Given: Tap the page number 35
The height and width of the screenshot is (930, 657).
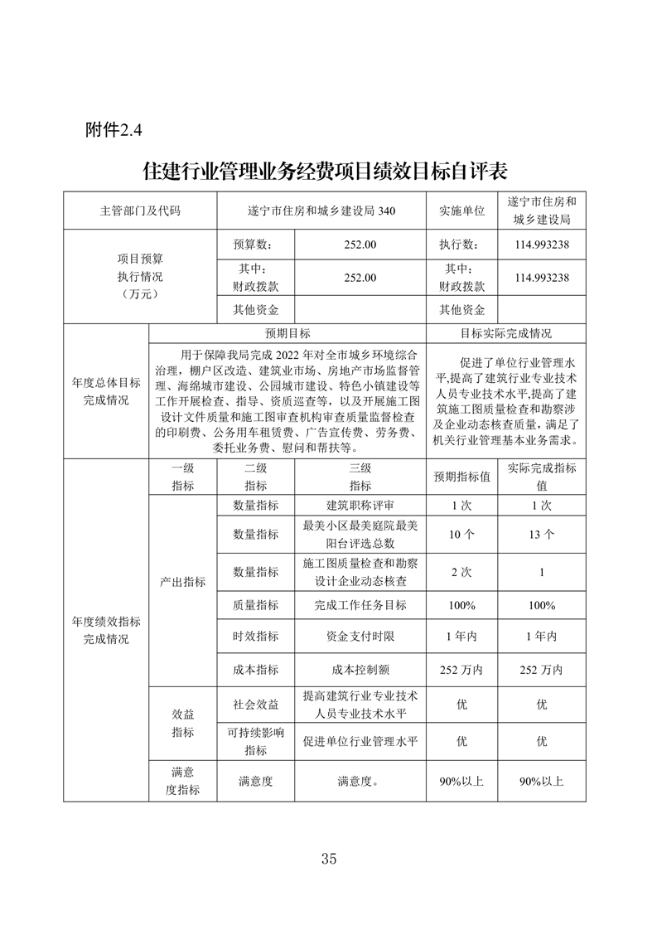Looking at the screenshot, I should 328,858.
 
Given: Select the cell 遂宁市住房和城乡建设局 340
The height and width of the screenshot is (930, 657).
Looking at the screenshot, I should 321,211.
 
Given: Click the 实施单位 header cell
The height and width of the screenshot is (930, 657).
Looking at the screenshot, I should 461,211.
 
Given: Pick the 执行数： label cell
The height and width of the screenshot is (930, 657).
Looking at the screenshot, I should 461,245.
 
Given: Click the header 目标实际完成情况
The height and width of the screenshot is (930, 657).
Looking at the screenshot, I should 506,333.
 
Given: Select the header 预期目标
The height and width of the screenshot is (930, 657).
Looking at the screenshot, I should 287,333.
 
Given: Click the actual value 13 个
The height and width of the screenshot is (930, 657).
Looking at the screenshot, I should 542,535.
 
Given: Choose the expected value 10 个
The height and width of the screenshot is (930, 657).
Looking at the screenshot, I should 461,535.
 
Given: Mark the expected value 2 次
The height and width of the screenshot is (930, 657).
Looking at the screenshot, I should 461,572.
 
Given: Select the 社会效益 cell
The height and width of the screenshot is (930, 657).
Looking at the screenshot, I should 255,704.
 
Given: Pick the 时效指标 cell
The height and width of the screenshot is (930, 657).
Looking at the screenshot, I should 255,637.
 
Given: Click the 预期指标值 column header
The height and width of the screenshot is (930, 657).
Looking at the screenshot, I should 461,477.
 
